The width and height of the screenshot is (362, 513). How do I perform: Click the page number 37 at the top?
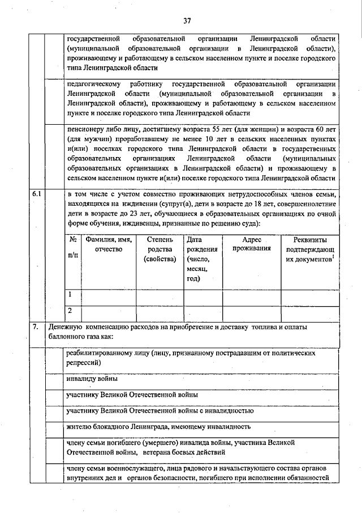click(187, 21)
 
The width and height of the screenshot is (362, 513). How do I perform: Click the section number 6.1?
click(37, 194)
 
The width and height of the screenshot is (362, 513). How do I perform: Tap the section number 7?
click(36, 327)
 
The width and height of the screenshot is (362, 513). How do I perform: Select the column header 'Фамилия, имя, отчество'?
click(109, 245)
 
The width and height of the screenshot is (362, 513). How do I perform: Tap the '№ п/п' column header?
click(72, 249)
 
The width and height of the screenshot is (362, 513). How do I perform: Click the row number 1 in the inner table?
click(71, 295)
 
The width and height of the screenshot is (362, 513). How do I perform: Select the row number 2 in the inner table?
click(71, 311)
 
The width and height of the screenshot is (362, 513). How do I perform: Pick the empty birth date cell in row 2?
click(202, 312)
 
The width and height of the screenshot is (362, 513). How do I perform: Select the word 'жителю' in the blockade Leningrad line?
click(77, 426)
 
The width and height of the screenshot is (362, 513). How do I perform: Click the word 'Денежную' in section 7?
click(66, 327)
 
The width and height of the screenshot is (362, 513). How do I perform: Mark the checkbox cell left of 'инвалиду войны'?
click(55, 379)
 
